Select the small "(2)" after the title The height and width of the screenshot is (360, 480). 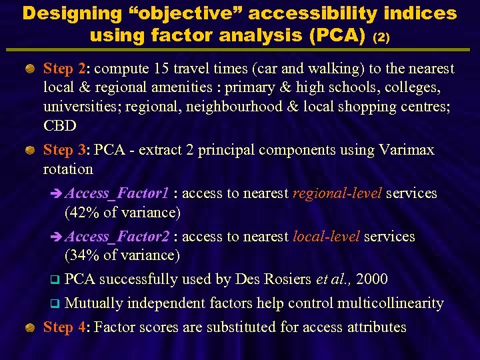[379, 37]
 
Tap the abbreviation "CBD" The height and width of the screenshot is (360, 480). [60, 126]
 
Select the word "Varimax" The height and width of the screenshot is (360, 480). [407, 150]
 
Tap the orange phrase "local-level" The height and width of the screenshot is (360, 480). [326, 237]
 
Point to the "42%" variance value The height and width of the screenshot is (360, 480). [84, 213]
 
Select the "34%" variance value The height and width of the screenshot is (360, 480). [84, 255]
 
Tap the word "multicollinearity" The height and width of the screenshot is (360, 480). [390, 303]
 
